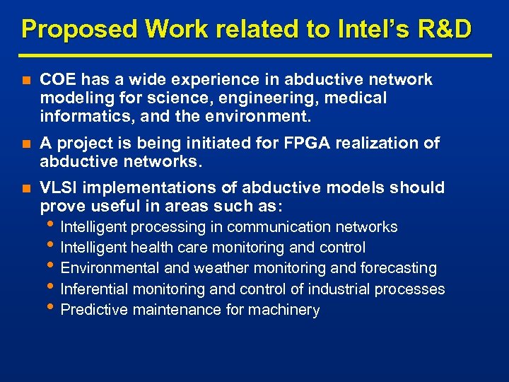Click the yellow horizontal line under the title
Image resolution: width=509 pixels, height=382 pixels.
(255, 55)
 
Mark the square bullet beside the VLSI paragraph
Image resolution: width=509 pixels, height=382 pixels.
(25, 188)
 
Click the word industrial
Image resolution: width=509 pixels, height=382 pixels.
(337, 289)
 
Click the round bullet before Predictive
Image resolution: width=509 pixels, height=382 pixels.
(54, 308)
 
